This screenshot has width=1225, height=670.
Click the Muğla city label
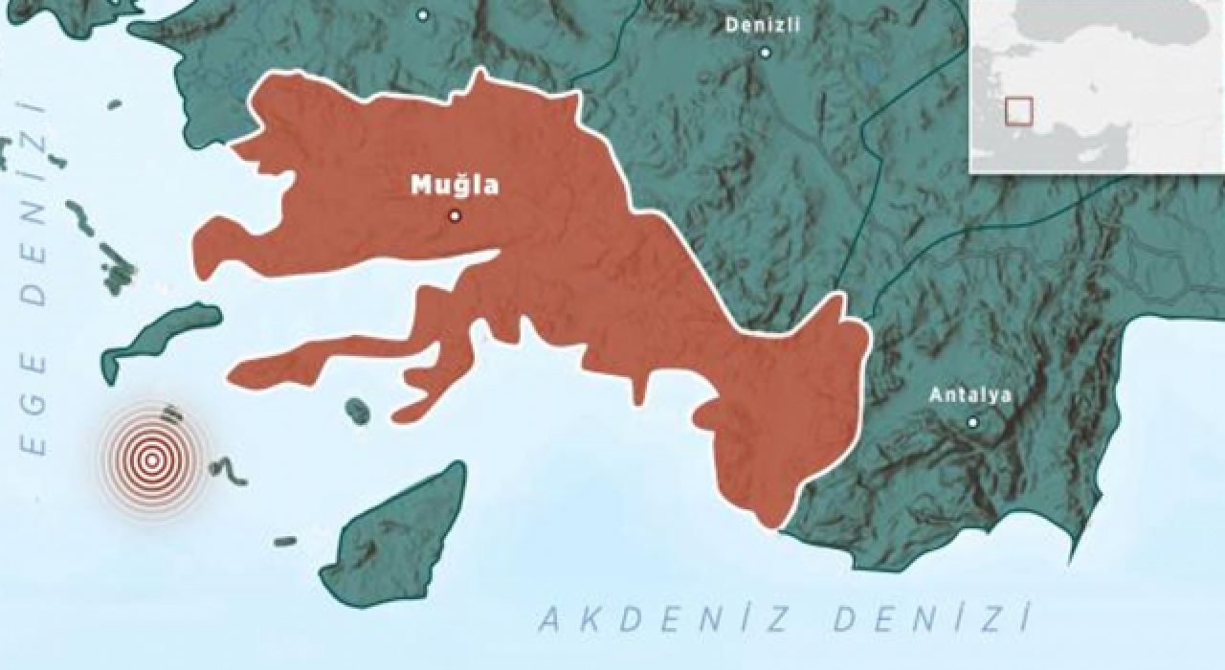point(455,185)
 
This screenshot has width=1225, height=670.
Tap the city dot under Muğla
point(455,216)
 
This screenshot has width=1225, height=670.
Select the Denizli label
point(763,26)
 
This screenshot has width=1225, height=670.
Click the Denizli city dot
point(765,53)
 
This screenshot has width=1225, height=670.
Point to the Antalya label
point(969,394)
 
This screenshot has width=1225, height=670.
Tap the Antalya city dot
point(972,422)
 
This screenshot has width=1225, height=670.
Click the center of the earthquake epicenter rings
point(151,460)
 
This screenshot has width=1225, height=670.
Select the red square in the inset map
point(1019,111)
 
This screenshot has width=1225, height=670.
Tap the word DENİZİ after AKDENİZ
point(933,619)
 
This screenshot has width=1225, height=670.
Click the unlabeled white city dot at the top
point(423,14)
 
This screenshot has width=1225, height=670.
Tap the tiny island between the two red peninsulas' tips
point(357,411)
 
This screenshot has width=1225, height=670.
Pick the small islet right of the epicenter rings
point(228,469)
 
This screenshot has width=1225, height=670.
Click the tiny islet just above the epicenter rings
point(172,413)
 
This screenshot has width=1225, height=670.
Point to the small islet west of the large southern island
point(285,542)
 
